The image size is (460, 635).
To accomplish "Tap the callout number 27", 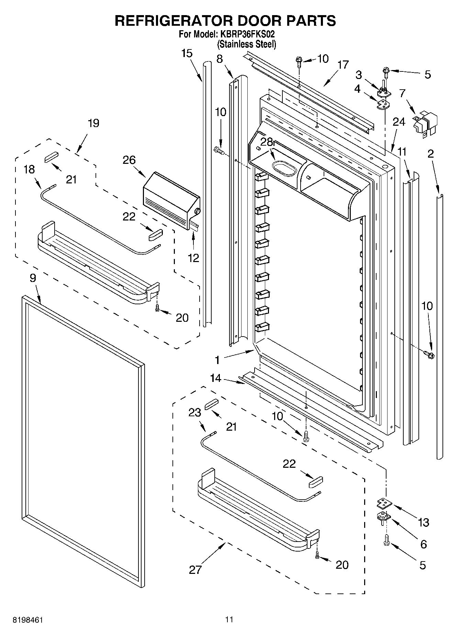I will [x=195, y=570].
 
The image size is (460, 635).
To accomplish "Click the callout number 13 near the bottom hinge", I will [x=424, y=522].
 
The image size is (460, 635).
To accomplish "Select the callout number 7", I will [x=402, y=93].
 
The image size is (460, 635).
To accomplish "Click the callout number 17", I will [x=343, y=65].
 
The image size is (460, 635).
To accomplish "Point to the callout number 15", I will [x=187, y=54].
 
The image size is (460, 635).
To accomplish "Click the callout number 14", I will [x=216, y=378].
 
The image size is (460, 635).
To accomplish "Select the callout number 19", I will [x=93, y=123].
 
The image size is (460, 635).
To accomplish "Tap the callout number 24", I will [x=399, y=122].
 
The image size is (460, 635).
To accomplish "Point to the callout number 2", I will [x=430, y=154].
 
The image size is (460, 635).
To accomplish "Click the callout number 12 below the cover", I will [x=193, y=258].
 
